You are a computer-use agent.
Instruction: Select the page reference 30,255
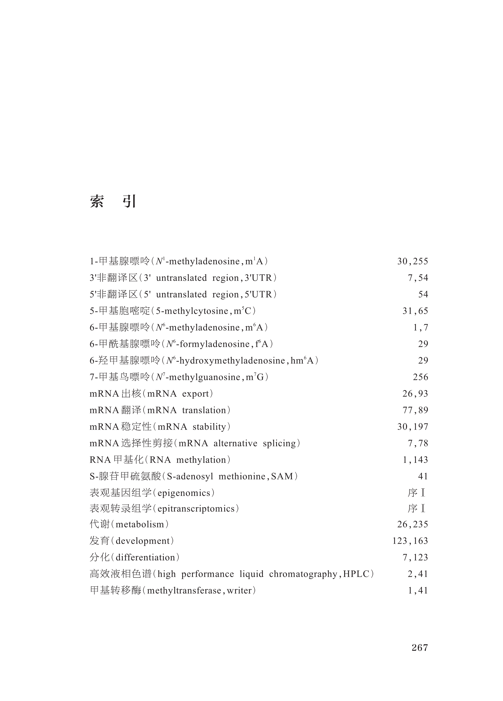[x=413, y=262]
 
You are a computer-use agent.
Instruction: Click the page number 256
[x=420, y=377]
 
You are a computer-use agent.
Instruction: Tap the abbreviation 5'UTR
[x=258, y=294]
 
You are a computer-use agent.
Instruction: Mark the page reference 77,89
[x=415, y=410]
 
